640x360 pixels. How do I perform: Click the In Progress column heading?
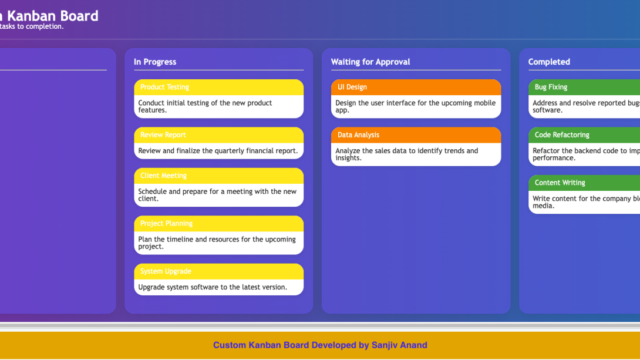pyautogui.click(x=155, y=62)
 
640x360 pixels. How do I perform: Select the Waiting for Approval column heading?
pyautogui.click(x=370, y=62)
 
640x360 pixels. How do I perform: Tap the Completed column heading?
pyautogui.click(x=549, y=62)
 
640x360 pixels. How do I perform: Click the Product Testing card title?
pyautogui.click(x=164, y=87)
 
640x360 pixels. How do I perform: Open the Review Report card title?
pyautogui.click(x=163, y=135)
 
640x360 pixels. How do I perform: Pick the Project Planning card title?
pyautogui.click(x=166, y=224)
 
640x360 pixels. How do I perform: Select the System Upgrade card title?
pyautogui.click(x=166, y=271)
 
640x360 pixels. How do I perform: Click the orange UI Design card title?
pyautogui.click(x=352, y=87)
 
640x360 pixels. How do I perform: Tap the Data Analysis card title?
pyautogui.click(x=358, y=135)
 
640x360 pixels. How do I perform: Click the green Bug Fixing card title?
pyautogui.click(x=551, y=87)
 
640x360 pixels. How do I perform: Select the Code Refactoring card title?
pyautogui.click(x=562, y=135)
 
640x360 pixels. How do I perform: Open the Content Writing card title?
pyautogui.click(x=560, y=183)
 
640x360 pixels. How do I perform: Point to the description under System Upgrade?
pyautogui.click(x=213, y=287)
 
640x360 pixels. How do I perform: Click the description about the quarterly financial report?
pyautogui.click(x=218, y=151)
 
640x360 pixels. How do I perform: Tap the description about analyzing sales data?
pyautogui.click(x=406, y=154)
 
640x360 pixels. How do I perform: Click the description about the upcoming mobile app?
pyautogui.click(x=415, y=106)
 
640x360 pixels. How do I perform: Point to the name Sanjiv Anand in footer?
pyautogui.click(x=399, y=345)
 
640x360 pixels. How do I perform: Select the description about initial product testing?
pyautogui.click(x=205, y=106)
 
